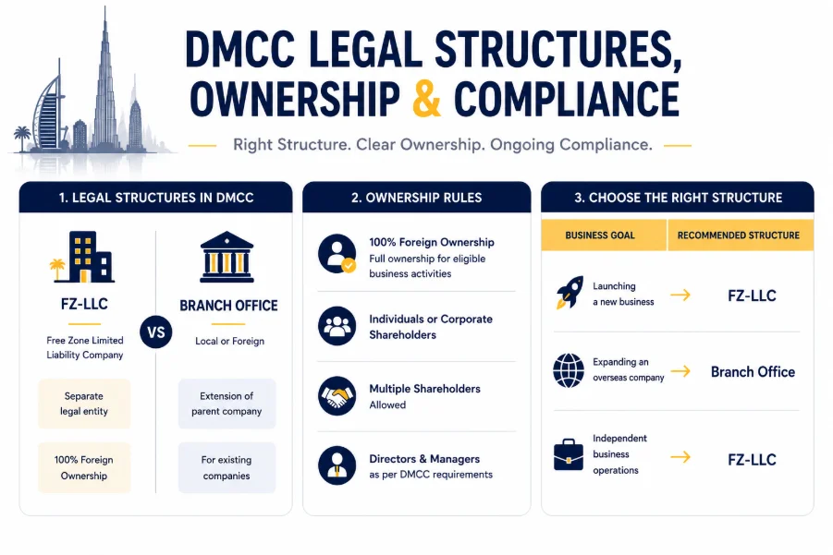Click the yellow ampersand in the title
point(426,98)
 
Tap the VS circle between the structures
point(156,332)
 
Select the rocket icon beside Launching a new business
point(570,293)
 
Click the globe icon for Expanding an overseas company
point(569,370)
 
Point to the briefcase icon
point(568,454)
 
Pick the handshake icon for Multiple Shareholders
point(337,396)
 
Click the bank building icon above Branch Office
point(227,257)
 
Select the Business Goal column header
point(600,235)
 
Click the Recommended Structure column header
point(739,235)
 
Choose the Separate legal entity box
point(84,404)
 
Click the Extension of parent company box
point(227,404)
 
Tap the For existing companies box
point(227,467)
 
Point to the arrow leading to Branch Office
point(680,371)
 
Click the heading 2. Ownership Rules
point(416,198)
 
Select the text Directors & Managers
point(424,459)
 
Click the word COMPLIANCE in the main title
point(567,99)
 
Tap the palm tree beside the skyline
point(22,138)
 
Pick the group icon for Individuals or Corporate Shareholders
point(337,326)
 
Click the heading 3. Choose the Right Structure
point(678,198)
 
